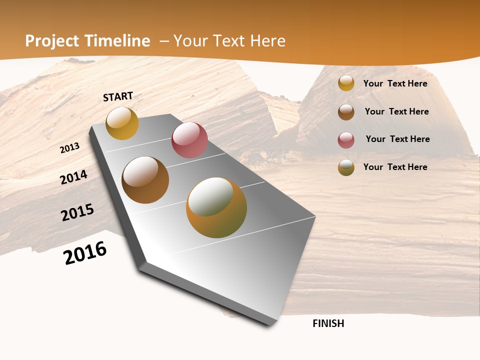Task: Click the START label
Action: click(118, 96)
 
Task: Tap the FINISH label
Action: click(328, 323)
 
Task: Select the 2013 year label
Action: click(70, 148)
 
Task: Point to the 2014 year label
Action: click(74, 177)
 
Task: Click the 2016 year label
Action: click(85, 253)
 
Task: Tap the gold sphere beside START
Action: click(122, 123)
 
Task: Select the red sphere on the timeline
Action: click(189, 139)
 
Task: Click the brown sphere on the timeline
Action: click(145, 180)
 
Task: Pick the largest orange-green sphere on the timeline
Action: click(216, 207)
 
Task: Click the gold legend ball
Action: click(346, 83)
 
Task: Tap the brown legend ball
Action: click(346, 112)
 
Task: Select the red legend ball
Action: click(346, 140)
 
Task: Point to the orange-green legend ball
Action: click(346, 167)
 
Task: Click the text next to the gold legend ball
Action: click(395, 83)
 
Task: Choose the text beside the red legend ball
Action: click(397, 139)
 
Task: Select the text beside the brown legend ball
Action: click(396, 111)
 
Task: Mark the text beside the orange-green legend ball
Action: click(395, 167)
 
